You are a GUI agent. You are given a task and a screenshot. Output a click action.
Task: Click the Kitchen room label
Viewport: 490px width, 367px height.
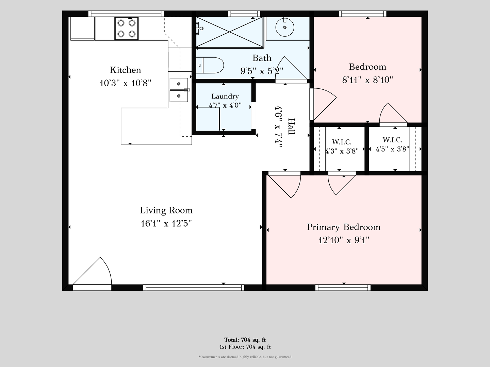[x=125, y=70]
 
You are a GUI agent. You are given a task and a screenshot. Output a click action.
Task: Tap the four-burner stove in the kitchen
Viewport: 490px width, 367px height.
[x=126, y=29]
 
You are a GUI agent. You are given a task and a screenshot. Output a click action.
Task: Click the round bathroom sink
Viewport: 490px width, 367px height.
[x=284, y=27]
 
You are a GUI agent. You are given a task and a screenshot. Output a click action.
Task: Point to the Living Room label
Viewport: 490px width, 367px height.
[x=166, y=210]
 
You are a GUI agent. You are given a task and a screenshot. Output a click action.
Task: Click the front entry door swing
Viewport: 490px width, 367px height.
[x=92, y=271]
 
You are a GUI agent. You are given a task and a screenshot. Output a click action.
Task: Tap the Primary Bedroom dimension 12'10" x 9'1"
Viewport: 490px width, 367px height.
[x=344, y=240]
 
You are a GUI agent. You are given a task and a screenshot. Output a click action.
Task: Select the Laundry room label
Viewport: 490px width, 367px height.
[x=225, y=96]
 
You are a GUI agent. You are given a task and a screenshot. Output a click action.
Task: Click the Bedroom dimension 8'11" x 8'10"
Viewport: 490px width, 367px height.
[x=367, y=80]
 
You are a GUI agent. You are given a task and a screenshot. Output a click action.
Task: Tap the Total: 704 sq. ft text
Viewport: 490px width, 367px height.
[x=245, y=340]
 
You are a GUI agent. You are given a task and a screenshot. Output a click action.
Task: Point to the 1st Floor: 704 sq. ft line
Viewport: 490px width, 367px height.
[x=245, y=347]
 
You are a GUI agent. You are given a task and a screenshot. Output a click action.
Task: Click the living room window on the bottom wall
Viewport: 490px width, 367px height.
[x=194, y=288]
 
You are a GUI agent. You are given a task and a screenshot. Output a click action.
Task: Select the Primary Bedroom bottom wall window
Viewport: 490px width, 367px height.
[x=343, y=288]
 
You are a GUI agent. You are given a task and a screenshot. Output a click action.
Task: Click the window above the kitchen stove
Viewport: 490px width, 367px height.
[x=126, y=14]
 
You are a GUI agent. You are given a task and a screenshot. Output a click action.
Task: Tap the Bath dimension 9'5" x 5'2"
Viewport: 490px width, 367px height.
[x=262, y=71]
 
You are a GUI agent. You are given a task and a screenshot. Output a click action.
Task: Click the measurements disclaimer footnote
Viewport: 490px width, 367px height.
[x=245, y=357]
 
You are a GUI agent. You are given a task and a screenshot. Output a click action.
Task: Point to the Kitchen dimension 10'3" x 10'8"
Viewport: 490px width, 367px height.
[x=125, y=83]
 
